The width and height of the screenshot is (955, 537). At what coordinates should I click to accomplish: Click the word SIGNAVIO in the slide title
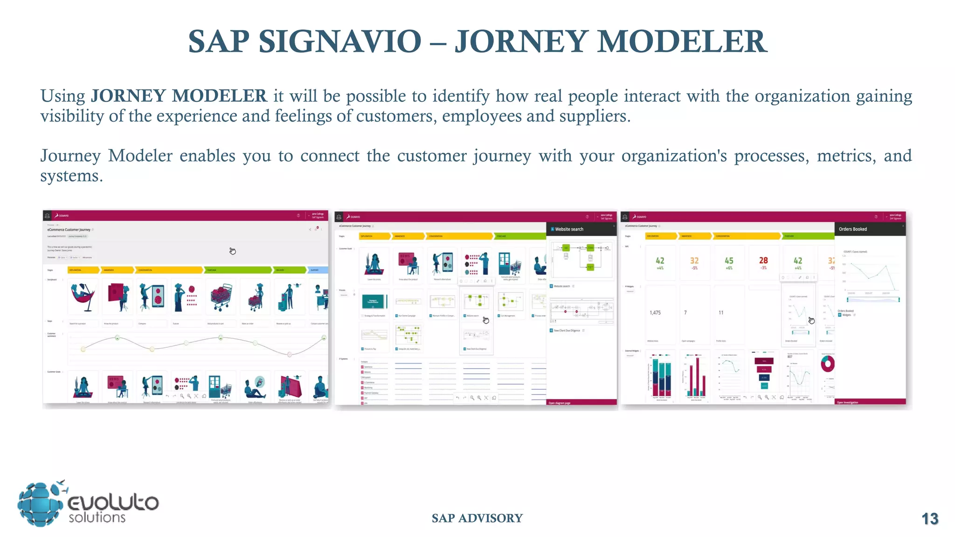point(340,41)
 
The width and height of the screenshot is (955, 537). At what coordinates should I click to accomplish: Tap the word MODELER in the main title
point(682,41)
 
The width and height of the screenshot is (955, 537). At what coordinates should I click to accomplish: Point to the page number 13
point(930,519)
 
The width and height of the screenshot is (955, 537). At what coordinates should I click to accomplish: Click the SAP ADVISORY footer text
point(477,518)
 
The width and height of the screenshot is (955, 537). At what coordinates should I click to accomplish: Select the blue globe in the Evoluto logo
point(40,505)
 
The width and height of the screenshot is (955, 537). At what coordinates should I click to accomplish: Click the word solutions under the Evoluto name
point(97,517)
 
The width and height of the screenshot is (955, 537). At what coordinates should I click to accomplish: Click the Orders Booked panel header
point(853,229)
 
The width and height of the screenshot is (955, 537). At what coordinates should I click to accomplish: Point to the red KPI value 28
point(763,261)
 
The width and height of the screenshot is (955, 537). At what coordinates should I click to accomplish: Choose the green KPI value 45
point(729,261)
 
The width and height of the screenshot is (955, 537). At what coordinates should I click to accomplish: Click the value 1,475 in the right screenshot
point(655,313)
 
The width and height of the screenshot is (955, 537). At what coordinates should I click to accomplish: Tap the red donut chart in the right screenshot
point(828,364)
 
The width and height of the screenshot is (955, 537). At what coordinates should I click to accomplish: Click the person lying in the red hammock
point(83,297)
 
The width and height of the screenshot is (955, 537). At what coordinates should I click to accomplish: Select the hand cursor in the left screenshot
point(232,251)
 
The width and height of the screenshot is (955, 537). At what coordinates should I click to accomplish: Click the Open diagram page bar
point(560,403)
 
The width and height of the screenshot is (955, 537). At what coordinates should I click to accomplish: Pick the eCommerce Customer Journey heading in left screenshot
point(69,230)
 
